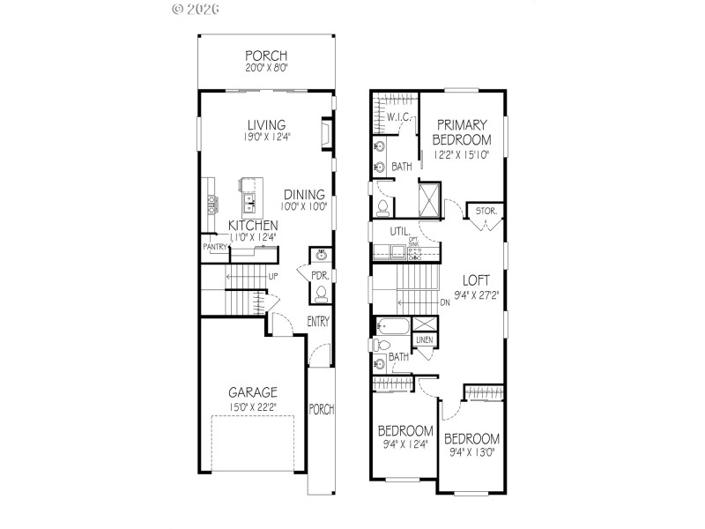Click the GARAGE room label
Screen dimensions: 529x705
(x=254, y=392)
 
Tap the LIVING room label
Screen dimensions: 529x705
(x=266, y=124)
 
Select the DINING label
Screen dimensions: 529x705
(x=304, y=194)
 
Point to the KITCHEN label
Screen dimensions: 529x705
(x=253, y=226)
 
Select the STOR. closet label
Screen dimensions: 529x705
(x=486, y=212)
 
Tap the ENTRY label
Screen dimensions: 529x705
(x=317, y=322)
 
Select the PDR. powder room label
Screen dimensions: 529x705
(x=319, y=275)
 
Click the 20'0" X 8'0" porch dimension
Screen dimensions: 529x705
(x=266, y=67)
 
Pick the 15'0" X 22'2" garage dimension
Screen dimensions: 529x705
(x=254, y=407)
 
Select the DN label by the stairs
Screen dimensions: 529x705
(x=446, y=302)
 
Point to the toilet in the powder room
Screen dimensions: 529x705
(x=322, y=294)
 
